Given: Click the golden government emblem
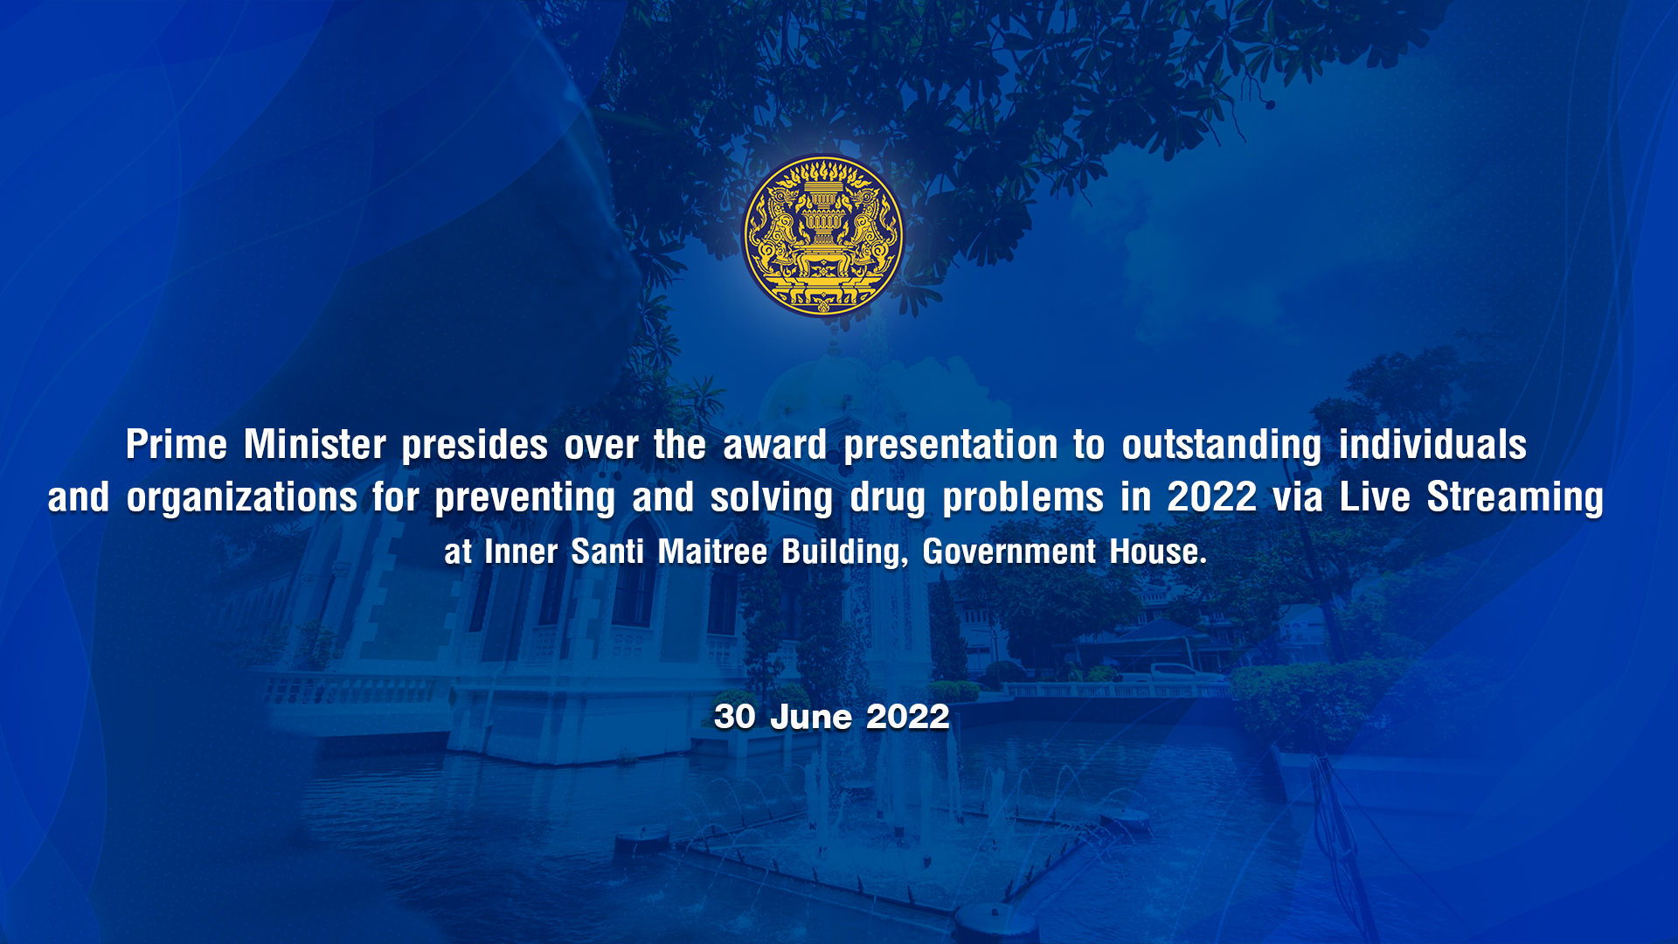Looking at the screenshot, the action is tap(823, 236).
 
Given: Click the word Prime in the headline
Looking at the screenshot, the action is tap(177, 445).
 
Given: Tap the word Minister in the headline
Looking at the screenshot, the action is tap(315, 445).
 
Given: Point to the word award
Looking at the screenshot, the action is tap(774, 445).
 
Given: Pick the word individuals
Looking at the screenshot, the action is tap(1432, 445).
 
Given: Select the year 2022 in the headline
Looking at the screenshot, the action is tap(1211, 497).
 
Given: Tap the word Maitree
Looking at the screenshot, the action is tap(712, 552).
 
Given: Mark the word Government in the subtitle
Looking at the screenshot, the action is tap(1009, 552).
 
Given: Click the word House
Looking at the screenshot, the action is tap(1158, 552).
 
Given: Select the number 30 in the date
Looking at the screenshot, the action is tap(734, 717).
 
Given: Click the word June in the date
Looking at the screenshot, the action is tap(810, 717).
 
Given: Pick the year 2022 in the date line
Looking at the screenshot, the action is tap(907, 717).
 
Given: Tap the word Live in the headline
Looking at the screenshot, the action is tap(1375, 497).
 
